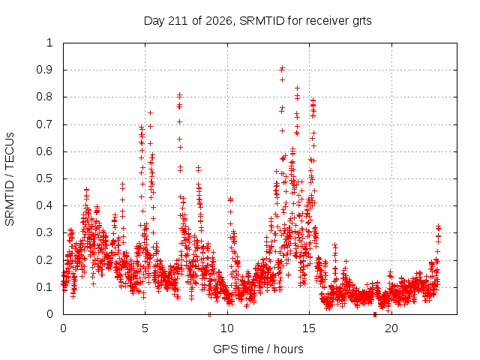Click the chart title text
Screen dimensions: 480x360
[257, 21]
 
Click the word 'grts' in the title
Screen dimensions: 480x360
[361, 22]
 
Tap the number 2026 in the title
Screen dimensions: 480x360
[218, 21]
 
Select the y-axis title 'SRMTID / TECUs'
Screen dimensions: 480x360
[10, 179]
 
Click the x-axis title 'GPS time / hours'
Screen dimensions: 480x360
[258, 349]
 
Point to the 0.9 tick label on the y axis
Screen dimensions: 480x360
[44, 70]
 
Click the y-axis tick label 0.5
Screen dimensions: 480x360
[44, 178]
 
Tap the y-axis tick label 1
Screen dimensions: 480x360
[50, 43]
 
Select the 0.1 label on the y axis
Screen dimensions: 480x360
[44, 287]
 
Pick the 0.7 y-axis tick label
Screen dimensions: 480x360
[44, 124]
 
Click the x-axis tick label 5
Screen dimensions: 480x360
[145, 328]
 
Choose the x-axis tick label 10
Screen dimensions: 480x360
[227, 328]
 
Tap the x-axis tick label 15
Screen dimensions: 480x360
[309, 328]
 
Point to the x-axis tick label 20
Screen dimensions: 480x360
[391, 328]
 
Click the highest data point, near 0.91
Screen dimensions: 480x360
[282, 67]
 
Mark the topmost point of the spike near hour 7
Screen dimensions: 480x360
[180, 95]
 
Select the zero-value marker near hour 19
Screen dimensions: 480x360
[375, 314]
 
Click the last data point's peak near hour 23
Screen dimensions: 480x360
[439, 226]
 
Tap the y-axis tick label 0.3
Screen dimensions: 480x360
[44, 232]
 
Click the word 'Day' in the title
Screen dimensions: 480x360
[154, 22]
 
